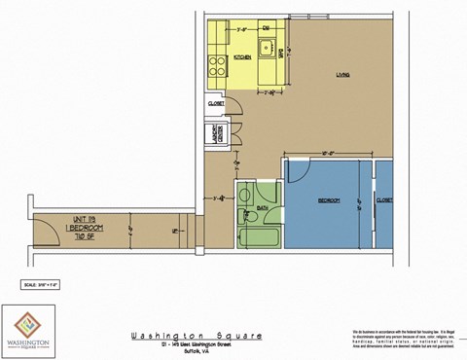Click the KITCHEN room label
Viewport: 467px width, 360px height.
[x=244, y=57]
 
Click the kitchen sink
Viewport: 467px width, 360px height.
[x=264, y=46]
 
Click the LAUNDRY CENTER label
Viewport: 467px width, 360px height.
[x=215, y=135]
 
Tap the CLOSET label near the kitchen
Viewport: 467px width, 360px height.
[x=216, y=102]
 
